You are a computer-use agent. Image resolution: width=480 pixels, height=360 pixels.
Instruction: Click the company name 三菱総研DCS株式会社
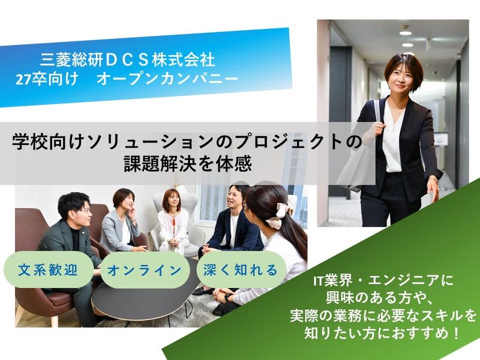coord(127,60)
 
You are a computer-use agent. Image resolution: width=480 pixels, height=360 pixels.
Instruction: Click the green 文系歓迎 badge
coord(51,270)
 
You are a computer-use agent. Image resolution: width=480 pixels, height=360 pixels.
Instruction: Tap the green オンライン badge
coord(144,270)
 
